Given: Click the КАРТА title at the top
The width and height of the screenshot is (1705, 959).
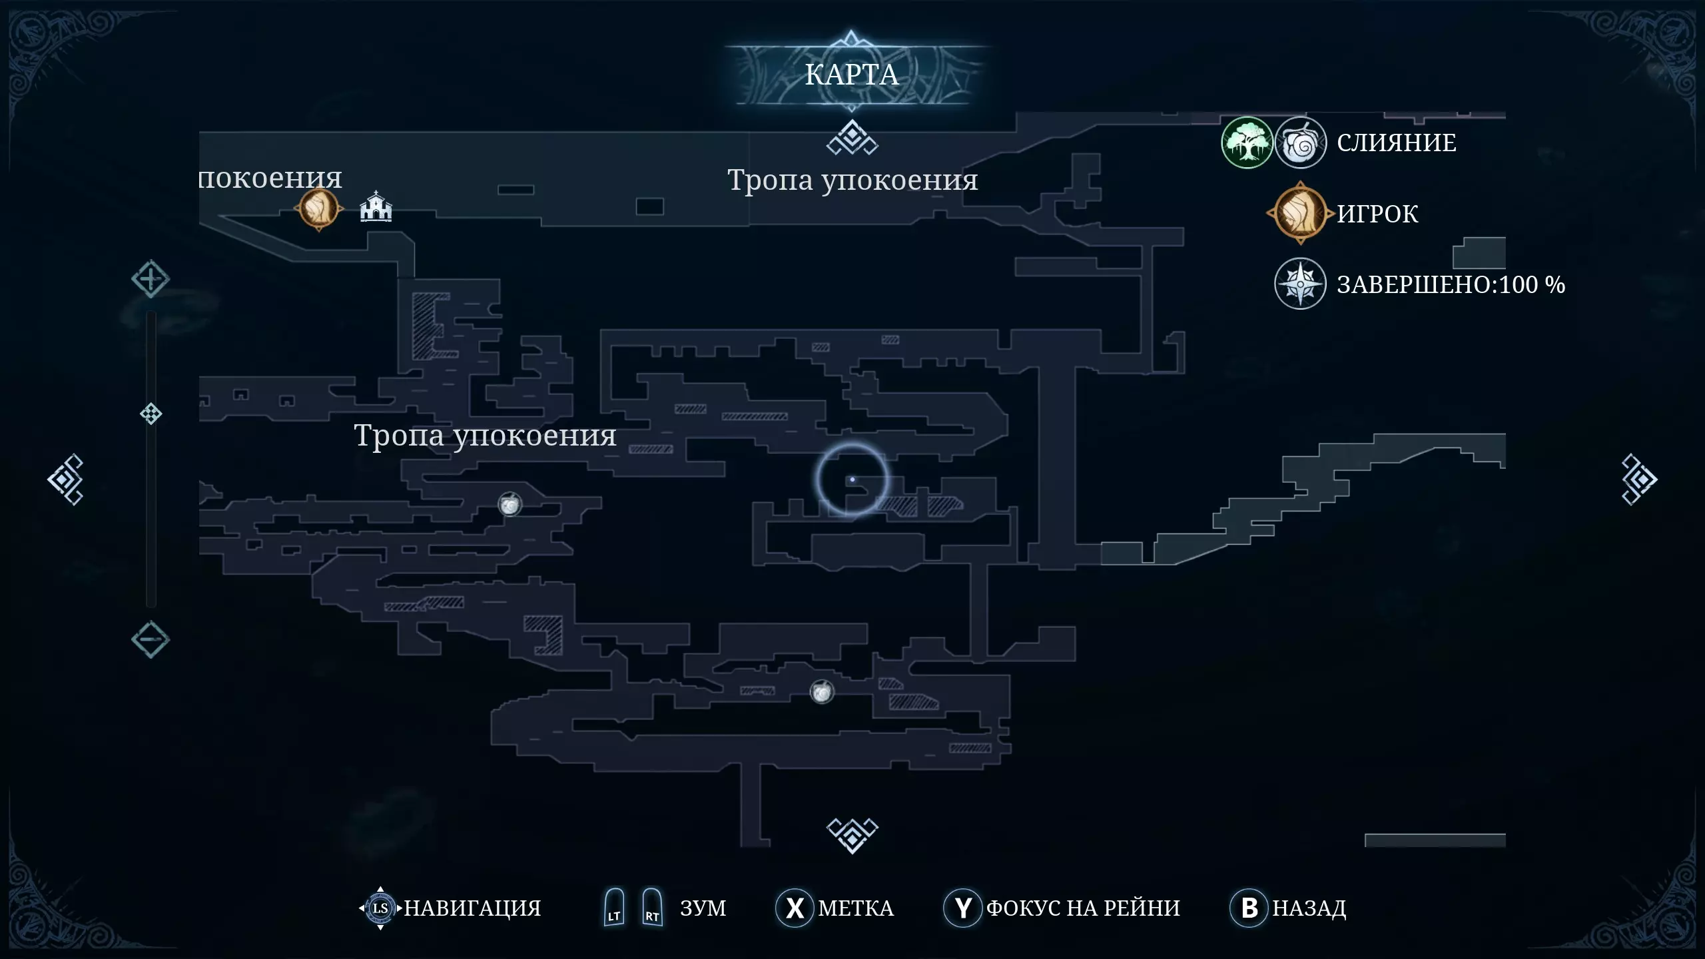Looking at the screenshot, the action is tap(852, 75).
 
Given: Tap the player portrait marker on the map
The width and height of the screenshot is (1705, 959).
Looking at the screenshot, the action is tap(319, 208).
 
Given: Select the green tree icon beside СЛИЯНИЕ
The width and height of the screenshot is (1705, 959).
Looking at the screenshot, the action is tap(1247, 143).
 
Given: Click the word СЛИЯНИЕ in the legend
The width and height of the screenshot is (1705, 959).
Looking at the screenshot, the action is tap(1397, 143).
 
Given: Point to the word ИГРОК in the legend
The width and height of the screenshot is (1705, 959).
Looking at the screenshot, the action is tap(1377, 214).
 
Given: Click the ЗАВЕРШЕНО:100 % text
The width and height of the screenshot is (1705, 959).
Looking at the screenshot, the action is tap(1451, 284).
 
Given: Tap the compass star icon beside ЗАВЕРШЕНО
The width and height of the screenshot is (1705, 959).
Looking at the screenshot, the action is tap(1300, 284).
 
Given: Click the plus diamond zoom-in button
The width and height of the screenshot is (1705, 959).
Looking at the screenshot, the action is tap(151, 279).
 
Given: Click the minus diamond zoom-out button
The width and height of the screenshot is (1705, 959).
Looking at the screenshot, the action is tap(151, 640).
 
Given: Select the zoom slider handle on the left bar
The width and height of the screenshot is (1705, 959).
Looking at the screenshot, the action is tap(151, 414).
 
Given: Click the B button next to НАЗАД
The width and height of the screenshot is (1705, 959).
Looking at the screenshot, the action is tap(1249, 908).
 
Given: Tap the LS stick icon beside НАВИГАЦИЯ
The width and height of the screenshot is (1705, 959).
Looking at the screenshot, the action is tap(380, 908).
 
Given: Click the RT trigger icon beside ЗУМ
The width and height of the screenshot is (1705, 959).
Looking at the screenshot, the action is tap(652, 907).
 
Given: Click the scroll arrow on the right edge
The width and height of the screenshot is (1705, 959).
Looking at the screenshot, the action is tap(1639, 479).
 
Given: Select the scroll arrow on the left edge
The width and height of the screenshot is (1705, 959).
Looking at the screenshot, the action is tap(65, 479).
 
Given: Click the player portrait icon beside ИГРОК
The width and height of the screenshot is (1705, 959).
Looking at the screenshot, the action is tap(1300, 213).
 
